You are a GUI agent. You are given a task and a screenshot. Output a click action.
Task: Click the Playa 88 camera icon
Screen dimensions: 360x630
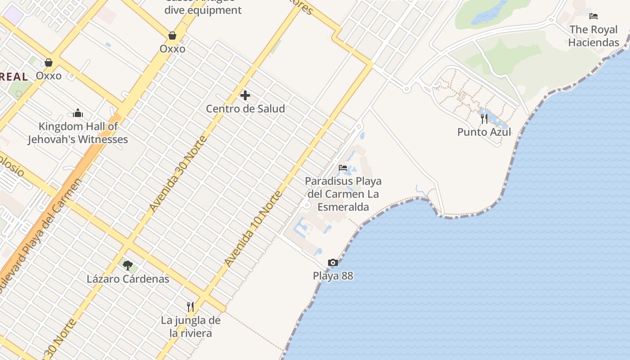333,263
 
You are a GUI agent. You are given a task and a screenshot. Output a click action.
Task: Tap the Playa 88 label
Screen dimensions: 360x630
333,276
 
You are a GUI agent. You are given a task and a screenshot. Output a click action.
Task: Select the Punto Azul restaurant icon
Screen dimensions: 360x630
484,119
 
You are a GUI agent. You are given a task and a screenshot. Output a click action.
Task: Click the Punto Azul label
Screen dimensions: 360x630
484,132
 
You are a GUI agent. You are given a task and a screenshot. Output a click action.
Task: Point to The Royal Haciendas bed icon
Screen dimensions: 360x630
594,16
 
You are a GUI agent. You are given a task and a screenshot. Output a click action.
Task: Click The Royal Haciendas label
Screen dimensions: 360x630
594,36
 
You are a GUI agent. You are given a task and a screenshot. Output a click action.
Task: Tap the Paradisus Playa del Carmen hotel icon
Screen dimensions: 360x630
343,168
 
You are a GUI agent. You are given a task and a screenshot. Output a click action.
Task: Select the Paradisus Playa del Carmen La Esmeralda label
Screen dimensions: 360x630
343,194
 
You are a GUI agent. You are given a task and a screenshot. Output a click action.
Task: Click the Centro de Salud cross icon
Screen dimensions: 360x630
245,95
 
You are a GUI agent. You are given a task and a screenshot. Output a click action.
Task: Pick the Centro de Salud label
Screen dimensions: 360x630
245,109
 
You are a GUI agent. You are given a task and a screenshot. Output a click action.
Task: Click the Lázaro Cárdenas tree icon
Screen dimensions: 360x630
128,265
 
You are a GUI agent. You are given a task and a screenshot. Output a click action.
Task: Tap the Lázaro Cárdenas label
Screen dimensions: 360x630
128,279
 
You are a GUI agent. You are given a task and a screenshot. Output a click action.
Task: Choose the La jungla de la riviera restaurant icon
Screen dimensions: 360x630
190,307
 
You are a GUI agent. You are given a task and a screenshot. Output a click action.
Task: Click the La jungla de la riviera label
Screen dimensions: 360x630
191,327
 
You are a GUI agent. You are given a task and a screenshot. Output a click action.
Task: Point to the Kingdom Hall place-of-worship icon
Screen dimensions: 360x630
78,112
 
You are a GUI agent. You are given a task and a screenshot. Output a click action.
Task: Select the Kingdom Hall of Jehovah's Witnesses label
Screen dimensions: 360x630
78,133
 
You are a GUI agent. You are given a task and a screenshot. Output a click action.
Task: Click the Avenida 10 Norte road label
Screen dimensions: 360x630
253,229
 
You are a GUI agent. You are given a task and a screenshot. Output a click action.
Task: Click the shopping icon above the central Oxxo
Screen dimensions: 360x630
172,35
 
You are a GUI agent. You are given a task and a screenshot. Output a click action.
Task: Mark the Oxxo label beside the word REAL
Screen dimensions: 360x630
49,76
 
